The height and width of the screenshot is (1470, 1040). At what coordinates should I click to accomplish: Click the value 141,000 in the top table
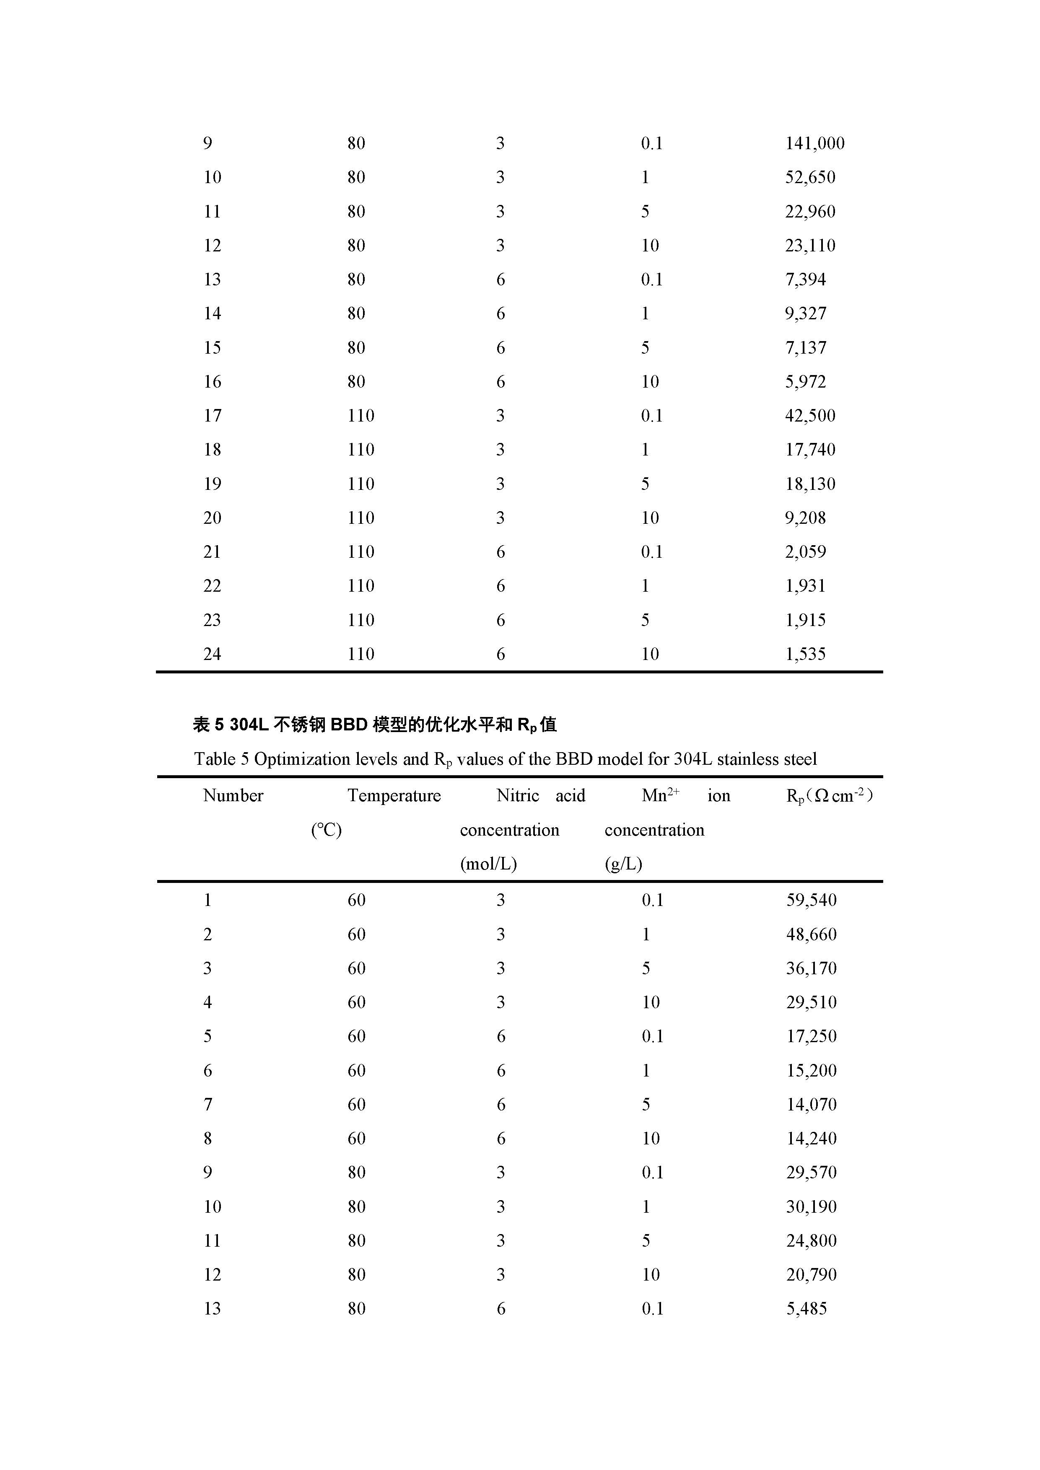click(814, 143)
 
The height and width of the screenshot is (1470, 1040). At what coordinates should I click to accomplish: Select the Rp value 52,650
click(810, 177)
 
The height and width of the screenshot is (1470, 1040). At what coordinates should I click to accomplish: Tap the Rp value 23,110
click(810, 246)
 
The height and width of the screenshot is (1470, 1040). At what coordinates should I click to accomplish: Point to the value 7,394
click(806, 280)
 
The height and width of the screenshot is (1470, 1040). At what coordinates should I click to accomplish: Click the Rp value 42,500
click(810, 416)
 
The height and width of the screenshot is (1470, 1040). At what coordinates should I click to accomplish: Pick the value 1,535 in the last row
click(806, 654)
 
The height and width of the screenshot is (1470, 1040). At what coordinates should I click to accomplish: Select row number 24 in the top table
click(212, 654)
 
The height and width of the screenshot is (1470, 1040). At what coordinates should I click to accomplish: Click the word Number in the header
click(233, 796)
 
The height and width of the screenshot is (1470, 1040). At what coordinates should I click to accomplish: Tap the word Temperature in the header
click(394, 796)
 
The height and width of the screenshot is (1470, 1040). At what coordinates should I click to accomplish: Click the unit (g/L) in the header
click(623, 864)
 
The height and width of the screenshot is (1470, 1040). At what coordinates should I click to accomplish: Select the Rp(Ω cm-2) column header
click(829, 796)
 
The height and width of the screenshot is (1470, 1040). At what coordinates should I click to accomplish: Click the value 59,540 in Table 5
click(812, 901)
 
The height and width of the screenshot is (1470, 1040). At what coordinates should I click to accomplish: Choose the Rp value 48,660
click(812, 935)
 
